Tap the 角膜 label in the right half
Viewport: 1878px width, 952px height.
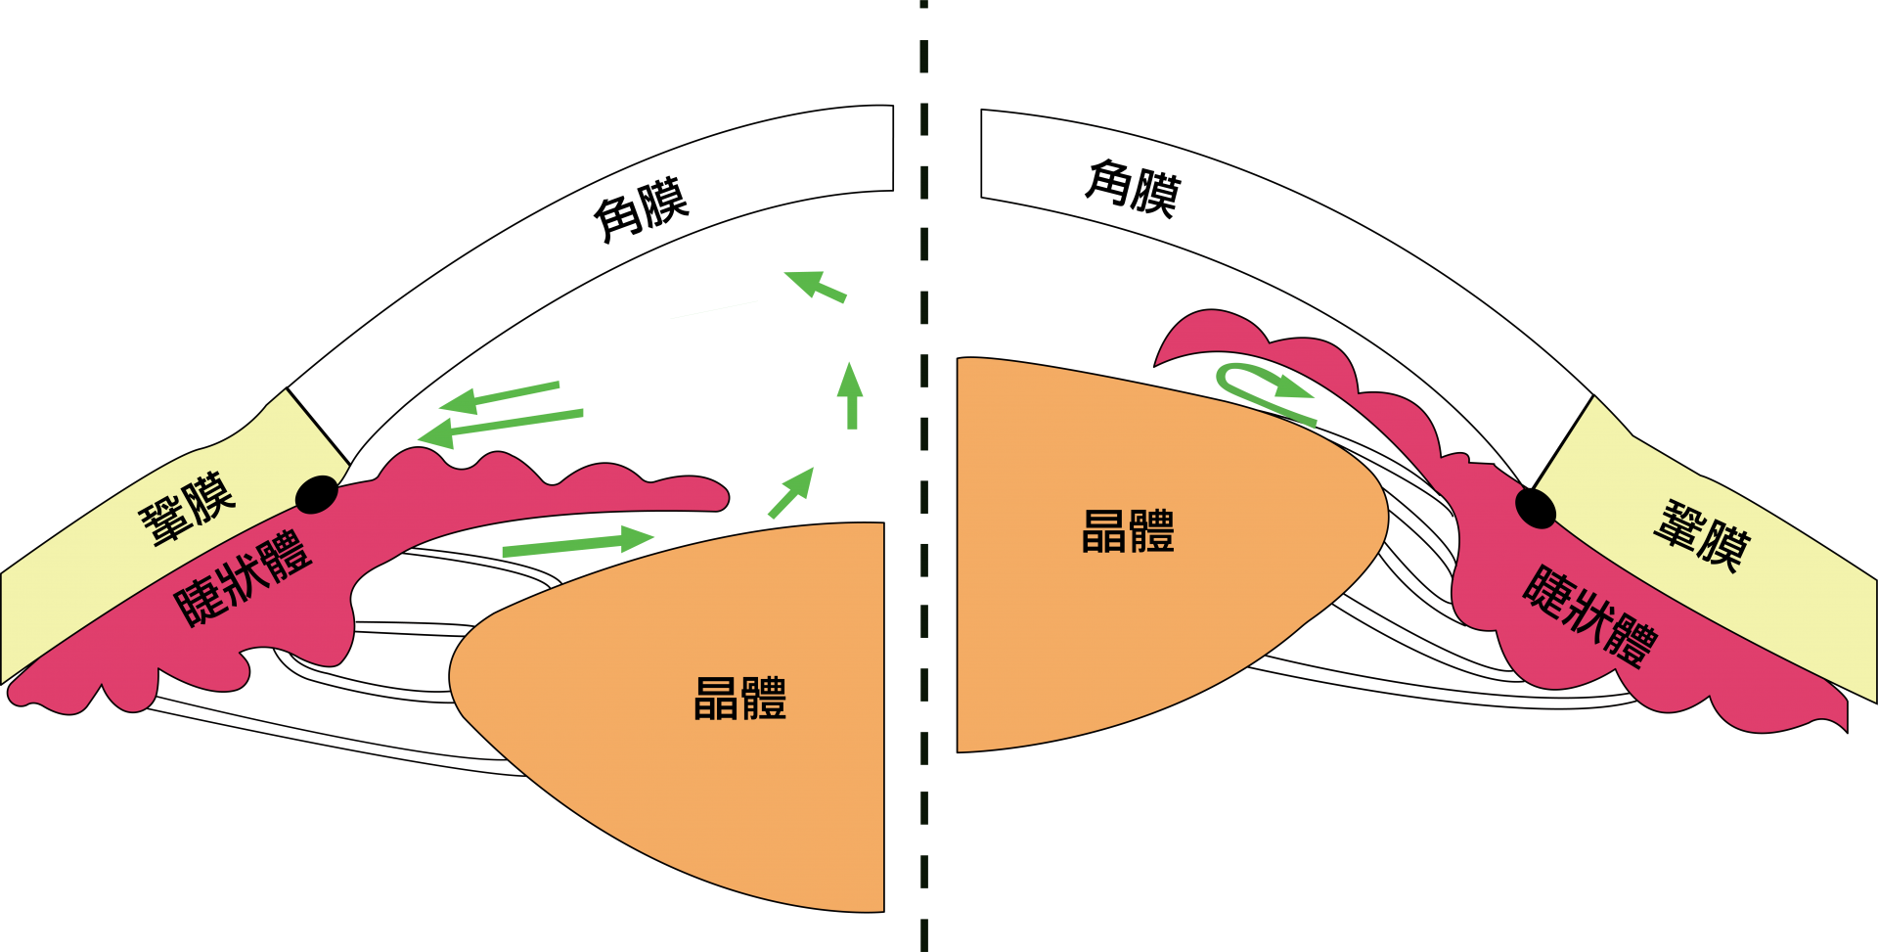click(x=1134, y=187)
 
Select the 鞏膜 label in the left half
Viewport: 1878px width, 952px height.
click(x=187, y=509)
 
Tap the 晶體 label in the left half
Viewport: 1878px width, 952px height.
click(x=739, y=699)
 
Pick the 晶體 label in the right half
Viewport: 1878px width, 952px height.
click(x=1128, y=531)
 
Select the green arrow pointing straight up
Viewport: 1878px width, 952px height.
click(x=851, y=395)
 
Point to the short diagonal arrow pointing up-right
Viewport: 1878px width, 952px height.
click(x=791, y=492)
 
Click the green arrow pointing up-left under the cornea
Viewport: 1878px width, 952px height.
click(x=815, y=285)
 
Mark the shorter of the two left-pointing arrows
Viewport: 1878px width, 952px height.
click(x=499, y=395)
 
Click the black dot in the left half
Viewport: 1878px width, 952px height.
click(x=316, y=494)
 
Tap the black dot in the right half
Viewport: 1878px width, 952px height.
click(x=1536, y=507)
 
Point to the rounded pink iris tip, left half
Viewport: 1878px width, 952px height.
click(x=714, y=494)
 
